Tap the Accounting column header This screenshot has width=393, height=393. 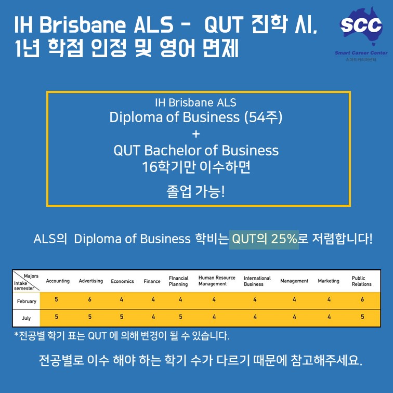coord(58,281)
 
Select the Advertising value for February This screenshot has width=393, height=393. coord(90,299)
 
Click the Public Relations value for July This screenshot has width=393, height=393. coord(362,317)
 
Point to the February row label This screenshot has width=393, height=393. coord(27,302)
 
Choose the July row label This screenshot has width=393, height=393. coord(26,318)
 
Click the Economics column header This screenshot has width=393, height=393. coord(122,281)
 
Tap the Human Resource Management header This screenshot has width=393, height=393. coord(217,281)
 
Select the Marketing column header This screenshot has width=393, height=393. coord(329,281)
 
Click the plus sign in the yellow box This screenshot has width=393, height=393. coord(196,134)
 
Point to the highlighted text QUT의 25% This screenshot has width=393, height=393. coord(264,239)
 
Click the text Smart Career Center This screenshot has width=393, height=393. coord(361,53)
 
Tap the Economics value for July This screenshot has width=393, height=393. coord(122,317)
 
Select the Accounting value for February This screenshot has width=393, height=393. coord(56,299)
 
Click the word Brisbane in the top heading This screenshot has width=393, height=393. coord(83,24)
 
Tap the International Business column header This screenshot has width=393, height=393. coord(257,281)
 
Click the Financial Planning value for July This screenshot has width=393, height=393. coord(180,317)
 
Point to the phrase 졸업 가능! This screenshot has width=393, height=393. coord(195,192)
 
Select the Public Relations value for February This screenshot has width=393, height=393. coord(362,299)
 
